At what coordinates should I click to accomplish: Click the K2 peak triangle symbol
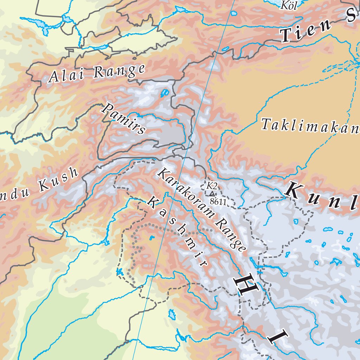212,194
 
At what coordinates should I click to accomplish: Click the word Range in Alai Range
119,71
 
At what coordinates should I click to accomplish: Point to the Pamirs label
123,118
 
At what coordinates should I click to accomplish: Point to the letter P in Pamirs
107,107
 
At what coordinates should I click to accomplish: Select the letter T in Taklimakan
266,124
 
